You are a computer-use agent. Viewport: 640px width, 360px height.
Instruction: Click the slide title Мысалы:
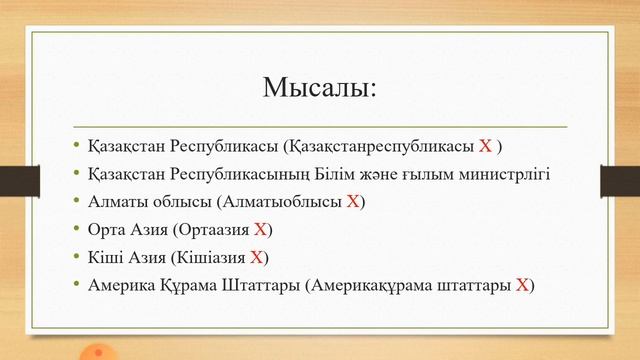coord(319,87)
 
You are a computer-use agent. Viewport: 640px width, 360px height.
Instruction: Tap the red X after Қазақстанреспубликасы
coord(485,146)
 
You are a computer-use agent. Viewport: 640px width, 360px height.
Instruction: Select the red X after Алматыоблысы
coord(352,201)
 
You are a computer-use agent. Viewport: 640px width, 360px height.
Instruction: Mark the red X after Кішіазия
coord(256,257)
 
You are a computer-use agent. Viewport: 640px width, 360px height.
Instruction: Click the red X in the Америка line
coord(521,285)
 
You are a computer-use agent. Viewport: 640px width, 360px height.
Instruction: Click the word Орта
coord(107,229)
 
